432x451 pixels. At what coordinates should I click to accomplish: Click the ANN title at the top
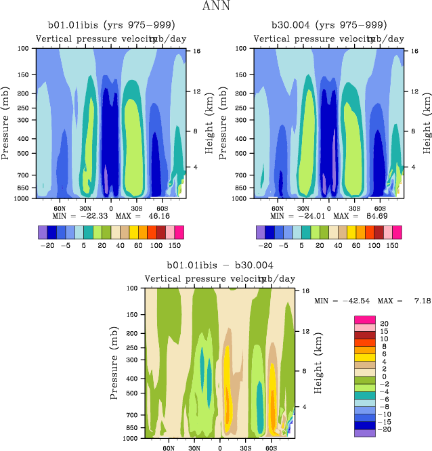pos(215,7)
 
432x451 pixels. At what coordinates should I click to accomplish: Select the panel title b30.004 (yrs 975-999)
pos(329,26)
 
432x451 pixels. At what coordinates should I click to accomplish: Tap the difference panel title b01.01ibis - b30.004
pos(220,265)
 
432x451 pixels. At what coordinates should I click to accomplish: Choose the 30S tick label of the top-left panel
pos(137,209)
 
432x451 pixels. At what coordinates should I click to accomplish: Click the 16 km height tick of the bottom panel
pos(305,290)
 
